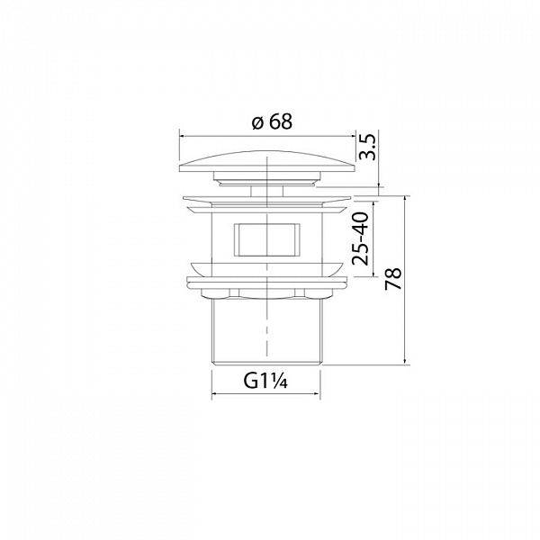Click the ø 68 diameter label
click(x=272, y=121)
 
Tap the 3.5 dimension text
click(x=367, y=147)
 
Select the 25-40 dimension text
click(x=360, y=238)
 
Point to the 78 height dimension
click(x=393, y=278)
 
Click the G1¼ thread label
click(x=265, y=381)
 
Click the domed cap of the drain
click(x=267, y=161)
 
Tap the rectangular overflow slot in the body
click(x=267, y=239)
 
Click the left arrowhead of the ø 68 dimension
click(x=182, y=137)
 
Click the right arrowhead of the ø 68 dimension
click(x=352, y=137)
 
